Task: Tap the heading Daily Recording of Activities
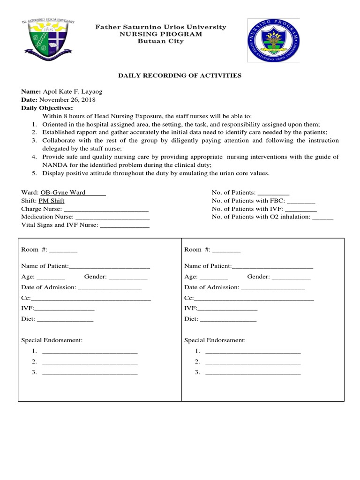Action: click(x=180, y=75)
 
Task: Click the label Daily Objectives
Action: click(x=47, y=108)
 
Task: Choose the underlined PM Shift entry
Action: click(x=52, y=201)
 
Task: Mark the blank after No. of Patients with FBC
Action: click(x=301, y=201)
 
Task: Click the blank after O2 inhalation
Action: click(x=322, y=217)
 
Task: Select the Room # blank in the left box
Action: click(x=63, y=250)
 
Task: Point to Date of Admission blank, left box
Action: click(x=110, y=288)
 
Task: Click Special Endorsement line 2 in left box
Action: click(x=90, y=362)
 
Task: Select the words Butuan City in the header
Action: click(x=161, y=41)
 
